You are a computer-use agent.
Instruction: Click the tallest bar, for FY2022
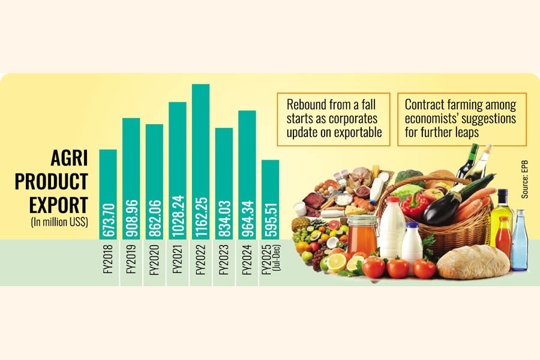(x=201, y=162)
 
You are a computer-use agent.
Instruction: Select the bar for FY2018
(x=108, y=192)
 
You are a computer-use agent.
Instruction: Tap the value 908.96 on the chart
(x=131, y=218)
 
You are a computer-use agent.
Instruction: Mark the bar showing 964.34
(x=247, y=174)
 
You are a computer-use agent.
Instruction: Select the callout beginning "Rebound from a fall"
(x=334, y=118)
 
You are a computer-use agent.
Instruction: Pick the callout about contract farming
(x=461, y=119)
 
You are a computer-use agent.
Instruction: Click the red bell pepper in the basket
(x=414, y=205)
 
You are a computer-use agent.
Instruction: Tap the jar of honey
(x=362, y=235)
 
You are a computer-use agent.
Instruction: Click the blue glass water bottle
(x=519, y=240)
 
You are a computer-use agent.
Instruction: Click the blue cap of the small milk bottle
(x=412, y=226)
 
